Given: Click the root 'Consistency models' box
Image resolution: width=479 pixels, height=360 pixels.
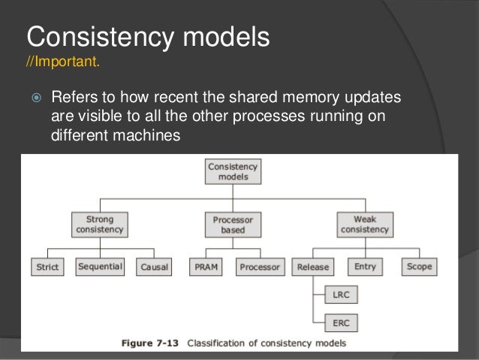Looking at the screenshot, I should point(233,171).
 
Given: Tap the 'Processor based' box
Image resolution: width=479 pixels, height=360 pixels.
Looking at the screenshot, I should point(233,225).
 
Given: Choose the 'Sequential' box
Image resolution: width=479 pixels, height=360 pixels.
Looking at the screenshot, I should point(101,267).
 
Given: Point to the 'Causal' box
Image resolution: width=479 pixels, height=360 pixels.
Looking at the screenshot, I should point(155,267).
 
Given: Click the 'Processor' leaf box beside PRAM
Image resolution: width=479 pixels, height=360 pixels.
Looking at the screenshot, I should point(261,267).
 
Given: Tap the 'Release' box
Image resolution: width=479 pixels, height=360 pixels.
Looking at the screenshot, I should point(313,267).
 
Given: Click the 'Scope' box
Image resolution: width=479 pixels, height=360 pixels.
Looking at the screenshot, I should point(420,267).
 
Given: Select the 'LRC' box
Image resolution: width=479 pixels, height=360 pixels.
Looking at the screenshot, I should point(340,295).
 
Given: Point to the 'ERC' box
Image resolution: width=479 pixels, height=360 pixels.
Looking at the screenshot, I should point(340,323).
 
